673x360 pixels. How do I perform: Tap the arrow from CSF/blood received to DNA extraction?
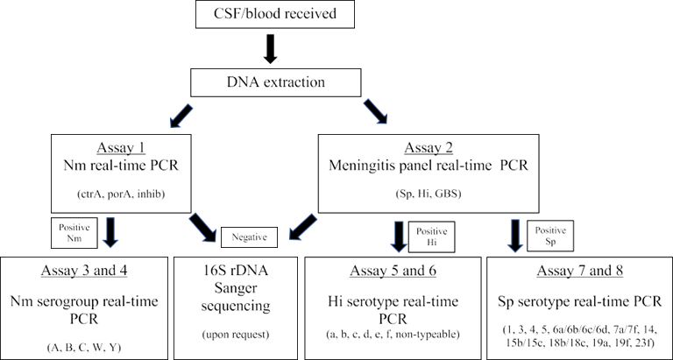[x=271, y=49]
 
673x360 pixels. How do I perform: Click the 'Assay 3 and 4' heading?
[x=86, y=269]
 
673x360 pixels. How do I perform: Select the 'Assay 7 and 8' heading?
[x=577, y=268]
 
